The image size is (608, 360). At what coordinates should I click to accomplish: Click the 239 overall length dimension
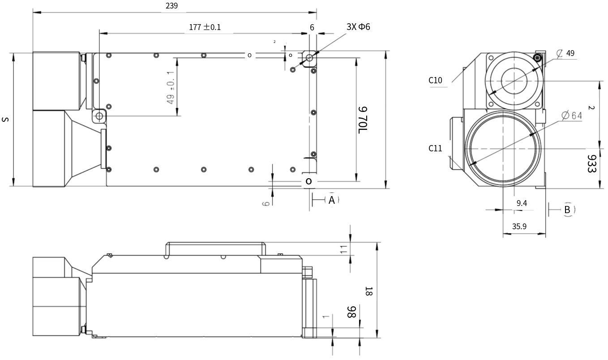click(172, 6)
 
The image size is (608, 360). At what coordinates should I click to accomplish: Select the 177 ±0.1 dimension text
click(205, 27)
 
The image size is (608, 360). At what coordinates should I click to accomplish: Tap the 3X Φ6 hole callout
click(358, 26)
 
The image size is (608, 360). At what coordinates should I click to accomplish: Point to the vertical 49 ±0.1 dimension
click(171, 87)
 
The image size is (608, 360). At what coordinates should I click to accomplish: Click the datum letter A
click(331, 200)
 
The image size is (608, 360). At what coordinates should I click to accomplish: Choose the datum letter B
click(567, 209)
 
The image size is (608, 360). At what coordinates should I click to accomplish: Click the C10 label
click(435, 81)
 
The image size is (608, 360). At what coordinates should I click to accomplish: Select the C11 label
click(435, 148)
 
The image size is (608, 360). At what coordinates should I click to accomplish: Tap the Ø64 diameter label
click(571, 116)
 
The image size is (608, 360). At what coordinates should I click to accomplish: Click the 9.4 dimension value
click(522, 203)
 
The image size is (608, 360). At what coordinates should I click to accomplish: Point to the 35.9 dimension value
click(519, 227)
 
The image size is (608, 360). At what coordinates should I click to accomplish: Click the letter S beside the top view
click(5, 119)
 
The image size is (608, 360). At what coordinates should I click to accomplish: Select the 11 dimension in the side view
click(344, 250)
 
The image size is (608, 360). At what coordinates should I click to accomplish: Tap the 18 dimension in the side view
click(369, 291)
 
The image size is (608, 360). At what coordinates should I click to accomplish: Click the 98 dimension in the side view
click(351, 312)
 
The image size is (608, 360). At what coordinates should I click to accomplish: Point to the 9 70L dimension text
click(363, 120)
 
